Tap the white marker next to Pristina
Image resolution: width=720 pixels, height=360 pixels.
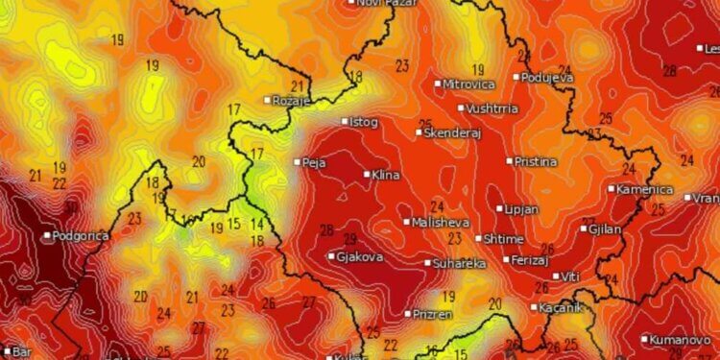pyautogui.click(x=510, y=161)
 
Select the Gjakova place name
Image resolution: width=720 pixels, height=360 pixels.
pyautogui.click(x=360, y=257)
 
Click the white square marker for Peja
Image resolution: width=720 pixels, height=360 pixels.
pyautogui.click(x=298, y=162)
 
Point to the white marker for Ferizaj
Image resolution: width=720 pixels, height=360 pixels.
pyautogui.click(x=507, y=259)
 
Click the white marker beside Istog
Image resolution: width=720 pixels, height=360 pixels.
pyautogui.click(x=346, y=122)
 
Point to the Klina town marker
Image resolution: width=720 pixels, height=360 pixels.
pyautogui.click(x=367, y=175)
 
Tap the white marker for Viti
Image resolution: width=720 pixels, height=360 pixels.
pyautogui.click(x=556, y=276)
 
